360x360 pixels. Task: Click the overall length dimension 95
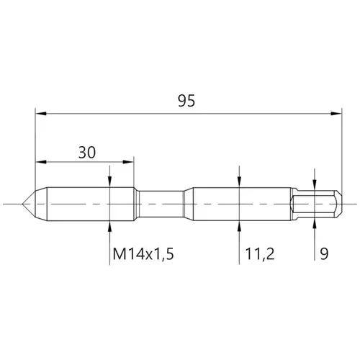click(186, 101)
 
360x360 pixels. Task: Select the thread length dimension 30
click(87, 153)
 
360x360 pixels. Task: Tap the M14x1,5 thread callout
click(143, 254)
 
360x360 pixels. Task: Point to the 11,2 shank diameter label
click(260, 254)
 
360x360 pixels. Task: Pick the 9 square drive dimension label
click(324, 254)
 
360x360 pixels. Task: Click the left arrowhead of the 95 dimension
click(41, 114)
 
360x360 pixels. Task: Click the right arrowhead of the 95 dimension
click(336, 114)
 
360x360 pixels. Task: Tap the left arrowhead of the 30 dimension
click(41, 162)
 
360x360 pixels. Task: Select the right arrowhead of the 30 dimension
click(128, 162)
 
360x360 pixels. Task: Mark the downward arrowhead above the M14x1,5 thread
click(109, 181)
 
